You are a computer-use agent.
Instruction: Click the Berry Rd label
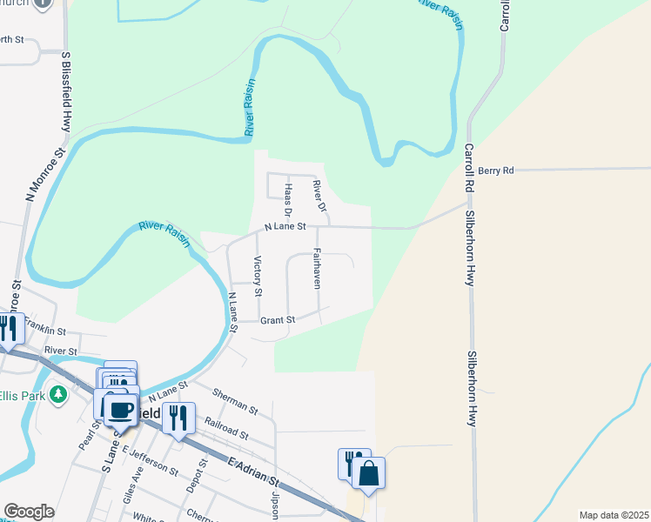point(495,171)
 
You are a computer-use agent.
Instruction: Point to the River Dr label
point(319,196)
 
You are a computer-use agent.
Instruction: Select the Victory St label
point(257,275)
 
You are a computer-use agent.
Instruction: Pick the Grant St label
point(279,320)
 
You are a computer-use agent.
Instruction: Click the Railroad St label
point(226,428)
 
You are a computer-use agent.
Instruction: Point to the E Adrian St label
point(254,474)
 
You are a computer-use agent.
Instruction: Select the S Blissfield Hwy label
point(65,91)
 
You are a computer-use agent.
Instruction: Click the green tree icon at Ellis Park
point(59,395)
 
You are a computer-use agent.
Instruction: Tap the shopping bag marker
point(368,473)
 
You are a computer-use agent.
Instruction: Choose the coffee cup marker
point(121,409)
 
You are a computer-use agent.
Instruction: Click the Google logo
point(29,512)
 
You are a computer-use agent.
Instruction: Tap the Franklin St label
point(45,330)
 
